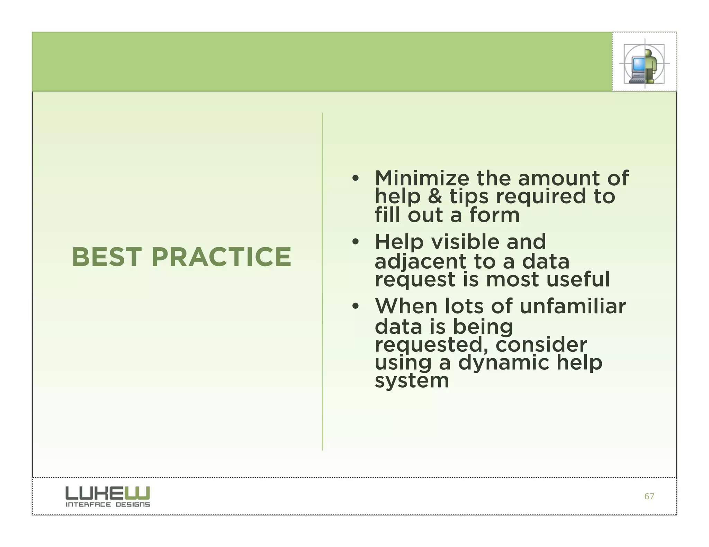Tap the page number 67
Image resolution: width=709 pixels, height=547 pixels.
coord(649,497)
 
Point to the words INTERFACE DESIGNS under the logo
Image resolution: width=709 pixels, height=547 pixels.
coord(108,504)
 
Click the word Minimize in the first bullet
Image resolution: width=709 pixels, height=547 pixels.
coord(422,178)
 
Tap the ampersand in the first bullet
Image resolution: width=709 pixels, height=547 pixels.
coord(435,196)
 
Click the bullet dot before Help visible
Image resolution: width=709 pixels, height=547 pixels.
coord(355,242)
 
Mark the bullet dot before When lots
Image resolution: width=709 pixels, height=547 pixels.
coord(355,307)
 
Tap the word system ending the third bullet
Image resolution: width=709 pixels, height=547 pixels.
coord(412,381)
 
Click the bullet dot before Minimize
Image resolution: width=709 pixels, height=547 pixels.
coord(355,179)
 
